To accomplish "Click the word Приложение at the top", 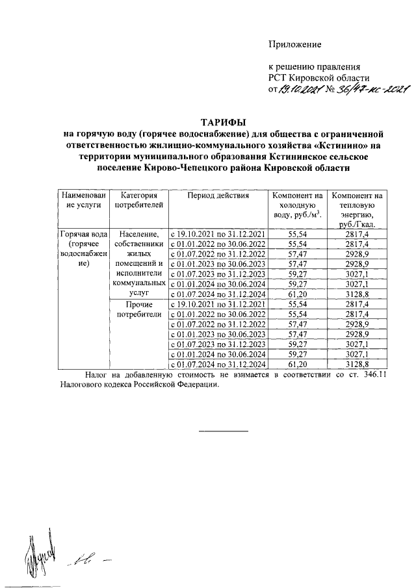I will [x=296, y=44].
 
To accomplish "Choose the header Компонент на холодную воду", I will [x=297, y=205].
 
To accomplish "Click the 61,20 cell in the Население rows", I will [x=297, y=294].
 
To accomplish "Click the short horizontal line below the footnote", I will [x=223, y=431].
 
